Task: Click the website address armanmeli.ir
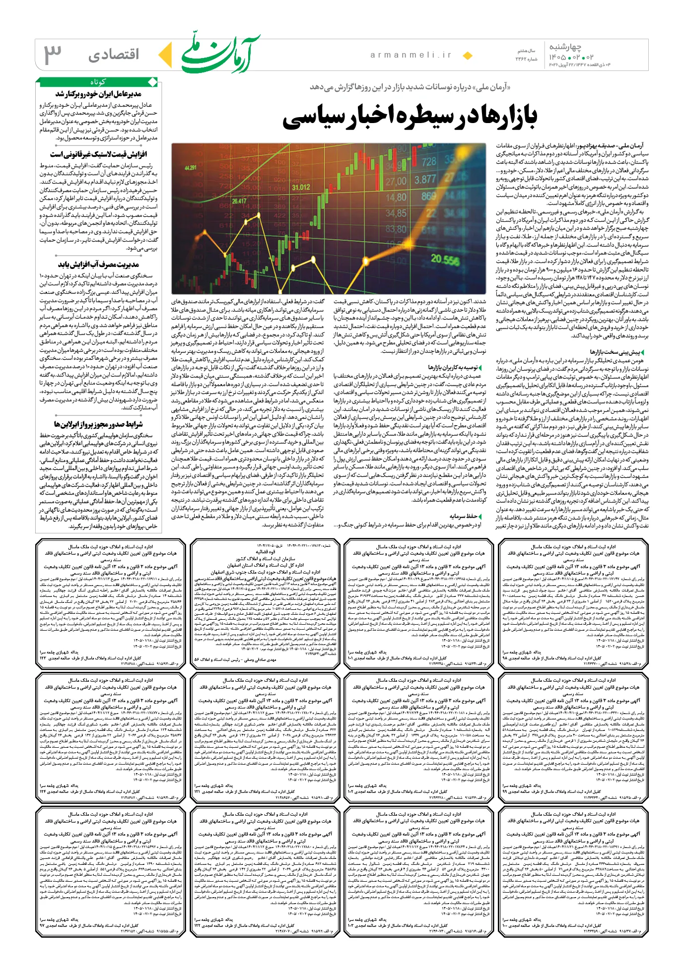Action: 411,55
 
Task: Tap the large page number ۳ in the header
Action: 53,55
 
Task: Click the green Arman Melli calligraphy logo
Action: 220,54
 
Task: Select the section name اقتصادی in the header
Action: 114,55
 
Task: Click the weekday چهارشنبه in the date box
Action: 564,47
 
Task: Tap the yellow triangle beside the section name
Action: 165,55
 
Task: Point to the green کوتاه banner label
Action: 98,81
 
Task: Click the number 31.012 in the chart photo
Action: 301,187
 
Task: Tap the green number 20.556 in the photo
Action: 445,259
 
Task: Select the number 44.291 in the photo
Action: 190,168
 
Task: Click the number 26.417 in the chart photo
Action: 239,201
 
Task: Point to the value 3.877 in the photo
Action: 425,179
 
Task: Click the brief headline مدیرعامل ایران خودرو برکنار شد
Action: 98,94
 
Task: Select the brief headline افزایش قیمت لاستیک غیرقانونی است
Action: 98,154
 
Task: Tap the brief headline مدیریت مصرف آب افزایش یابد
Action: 98,264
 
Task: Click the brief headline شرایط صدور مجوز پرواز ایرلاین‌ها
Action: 98,424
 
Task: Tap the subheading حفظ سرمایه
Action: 464,516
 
